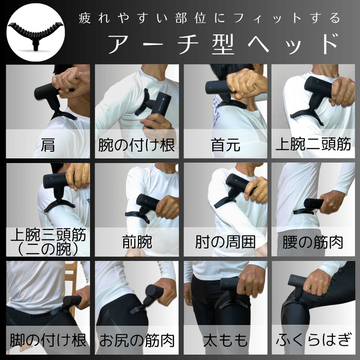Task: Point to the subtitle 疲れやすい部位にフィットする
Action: click(209, 18)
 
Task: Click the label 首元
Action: click(225, 145)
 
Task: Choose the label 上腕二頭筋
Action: click(314, 143)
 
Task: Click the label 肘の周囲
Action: click(225, 242)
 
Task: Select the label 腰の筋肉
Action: click(314, 242)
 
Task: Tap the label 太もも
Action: click(225, 340)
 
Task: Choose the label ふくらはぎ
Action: click(314, 340)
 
